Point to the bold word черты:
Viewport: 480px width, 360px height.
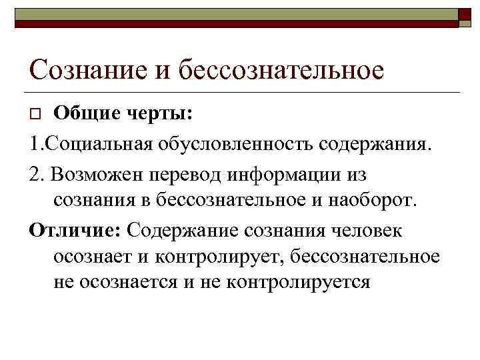coord(164,115)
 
